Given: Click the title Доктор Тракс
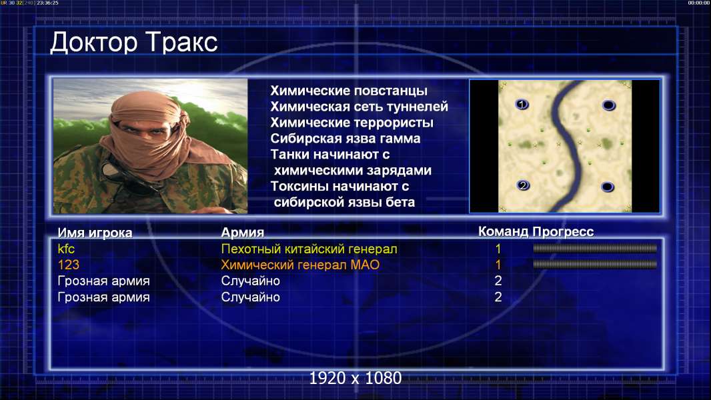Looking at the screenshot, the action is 134,43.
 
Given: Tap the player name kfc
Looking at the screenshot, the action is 66,249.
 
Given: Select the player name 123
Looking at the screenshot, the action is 69,265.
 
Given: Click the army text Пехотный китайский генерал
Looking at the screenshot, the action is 309,249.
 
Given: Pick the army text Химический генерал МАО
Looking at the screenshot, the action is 300,265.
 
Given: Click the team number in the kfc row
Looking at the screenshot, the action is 498,249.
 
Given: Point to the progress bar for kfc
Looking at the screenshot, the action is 595,248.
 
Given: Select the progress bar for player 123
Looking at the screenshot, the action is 595,264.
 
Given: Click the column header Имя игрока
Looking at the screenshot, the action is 95,233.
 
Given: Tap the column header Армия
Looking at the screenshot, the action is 243,233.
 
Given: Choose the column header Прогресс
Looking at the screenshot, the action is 563,231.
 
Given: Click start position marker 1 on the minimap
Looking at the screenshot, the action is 522,105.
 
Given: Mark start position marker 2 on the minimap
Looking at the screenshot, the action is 523,185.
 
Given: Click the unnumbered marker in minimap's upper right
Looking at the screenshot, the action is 608,105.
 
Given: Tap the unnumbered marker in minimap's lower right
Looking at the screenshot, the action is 608,187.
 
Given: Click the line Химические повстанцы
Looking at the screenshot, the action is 349,91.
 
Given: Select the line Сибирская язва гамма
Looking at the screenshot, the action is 345,138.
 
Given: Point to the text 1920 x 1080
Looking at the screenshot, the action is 355,378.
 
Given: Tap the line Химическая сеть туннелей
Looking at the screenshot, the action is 359,107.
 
